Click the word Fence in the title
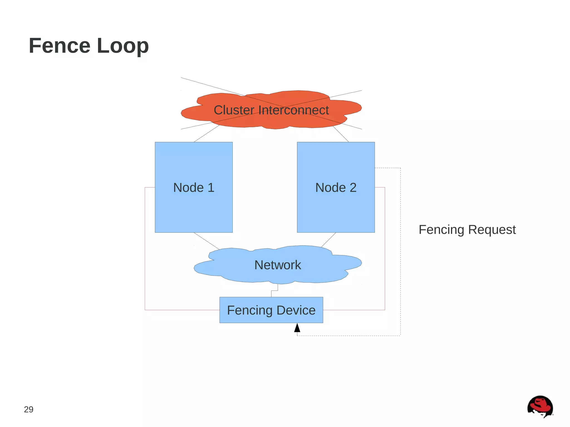tap(60, 46)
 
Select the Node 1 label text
tap(194, 187)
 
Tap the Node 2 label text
tap(336, 187)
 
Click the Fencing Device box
tap(271, 310)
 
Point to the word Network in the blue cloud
tap(277, 265)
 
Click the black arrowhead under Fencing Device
tap(297, 328)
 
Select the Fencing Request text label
tap(467, 230)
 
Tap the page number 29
tap(29, 409)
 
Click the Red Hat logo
tap(540, 407)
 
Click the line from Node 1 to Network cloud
tap(207, 241)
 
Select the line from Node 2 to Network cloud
tap(328, 240)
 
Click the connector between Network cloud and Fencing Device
tap(274, 290)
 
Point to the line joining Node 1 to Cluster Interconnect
tap(207, 134)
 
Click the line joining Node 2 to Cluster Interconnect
tap(341, 134)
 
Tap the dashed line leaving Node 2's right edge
tap(401, 250)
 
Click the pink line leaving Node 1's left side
tap(145, 250)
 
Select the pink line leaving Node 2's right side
tap(385, 250)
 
